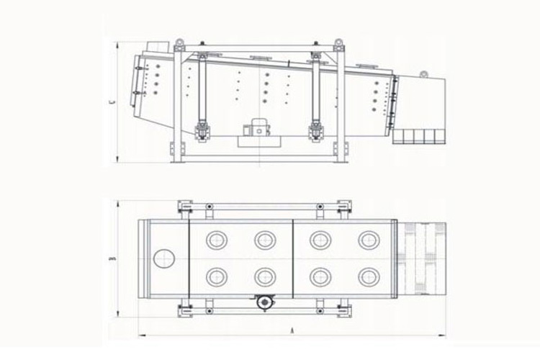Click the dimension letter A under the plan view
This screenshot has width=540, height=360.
click(x=292, y=330)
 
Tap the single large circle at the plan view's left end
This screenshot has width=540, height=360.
click(x=164, y=258)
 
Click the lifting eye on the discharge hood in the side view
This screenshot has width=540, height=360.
click(x=423, y=73)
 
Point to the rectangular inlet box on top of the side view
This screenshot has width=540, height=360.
click(x=158, y=48)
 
